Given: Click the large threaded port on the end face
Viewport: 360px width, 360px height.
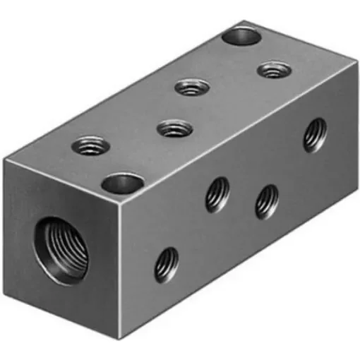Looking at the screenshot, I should [x=64, y=250].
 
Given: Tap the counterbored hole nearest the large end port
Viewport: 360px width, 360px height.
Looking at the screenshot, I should [x=122, y=184].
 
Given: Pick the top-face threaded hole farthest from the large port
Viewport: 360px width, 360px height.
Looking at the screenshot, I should [x=272, y=69].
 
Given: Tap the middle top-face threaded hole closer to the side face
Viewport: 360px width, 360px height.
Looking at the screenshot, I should [x=174, y=129].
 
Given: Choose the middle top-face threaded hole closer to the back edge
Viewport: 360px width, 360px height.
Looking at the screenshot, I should [x=192, y=88].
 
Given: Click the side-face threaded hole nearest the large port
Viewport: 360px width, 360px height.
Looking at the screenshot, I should [x=167, y=264].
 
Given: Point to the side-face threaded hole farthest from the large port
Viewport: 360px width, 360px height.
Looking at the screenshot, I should [x=315, y=134].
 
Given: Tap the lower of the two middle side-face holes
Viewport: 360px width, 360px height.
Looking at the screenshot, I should [x=266, y=200].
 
